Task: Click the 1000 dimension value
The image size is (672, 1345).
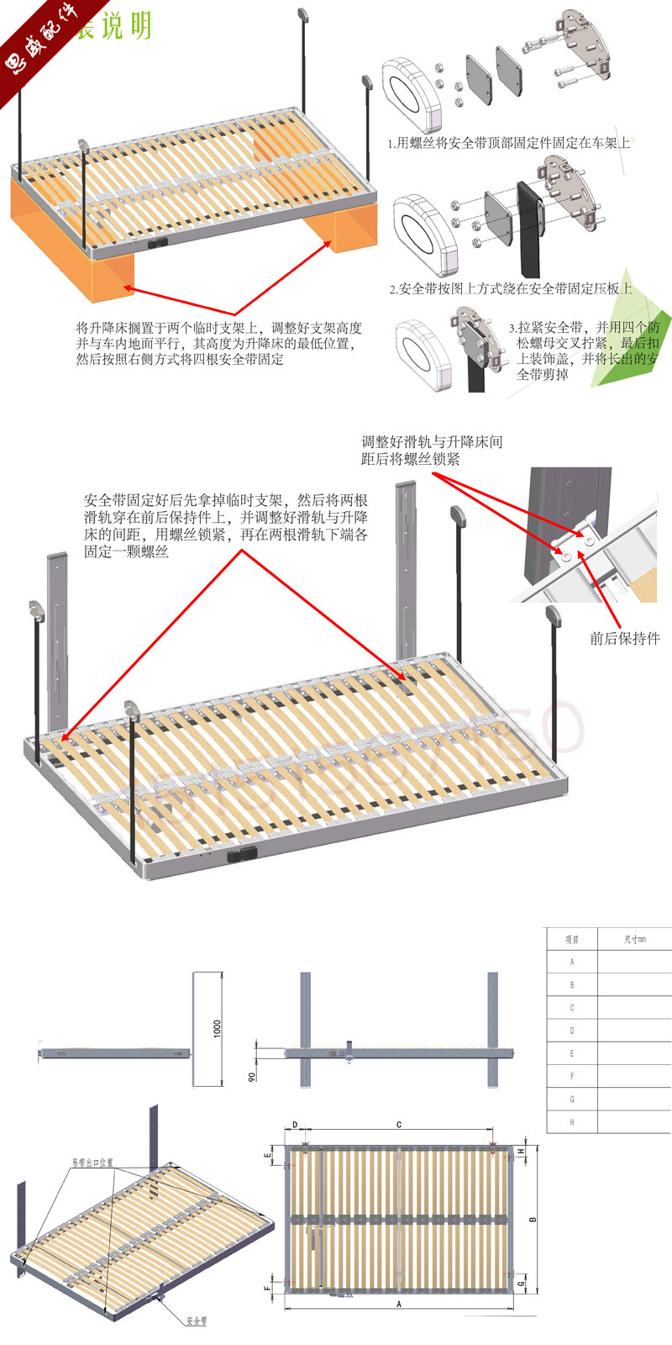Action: [x=218, y=1028]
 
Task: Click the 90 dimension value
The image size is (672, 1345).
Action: [x=252, y=1075]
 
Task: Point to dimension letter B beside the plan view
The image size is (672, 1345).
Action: [x=533, y=1219]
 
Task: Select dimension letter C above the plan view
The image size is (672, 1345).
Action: [x=398, y=1124]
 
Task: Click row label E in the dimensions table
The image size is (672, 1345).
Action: [x=572, y=1053]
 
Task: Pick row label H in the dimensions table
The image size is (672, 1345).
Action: [x=572, y=1121]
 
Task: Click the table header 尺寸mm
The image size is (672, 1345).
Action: [x=635, y=939]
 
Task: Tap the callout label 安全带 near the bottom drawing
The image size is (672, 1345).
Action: [x=197, y=1321]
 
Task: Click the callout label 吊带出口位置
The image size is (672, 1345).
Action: [x=92, y=1163]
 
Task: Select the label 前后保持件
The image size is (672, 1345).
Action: [x=624, y=639]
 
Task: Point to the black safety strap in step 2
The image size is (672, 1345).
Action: [x=530, y=227]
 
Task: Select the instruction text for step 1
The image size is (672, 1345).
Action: [x=508, y=143]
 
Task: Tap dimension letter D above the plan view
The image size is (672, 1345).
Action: [x=295, y=1124]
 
